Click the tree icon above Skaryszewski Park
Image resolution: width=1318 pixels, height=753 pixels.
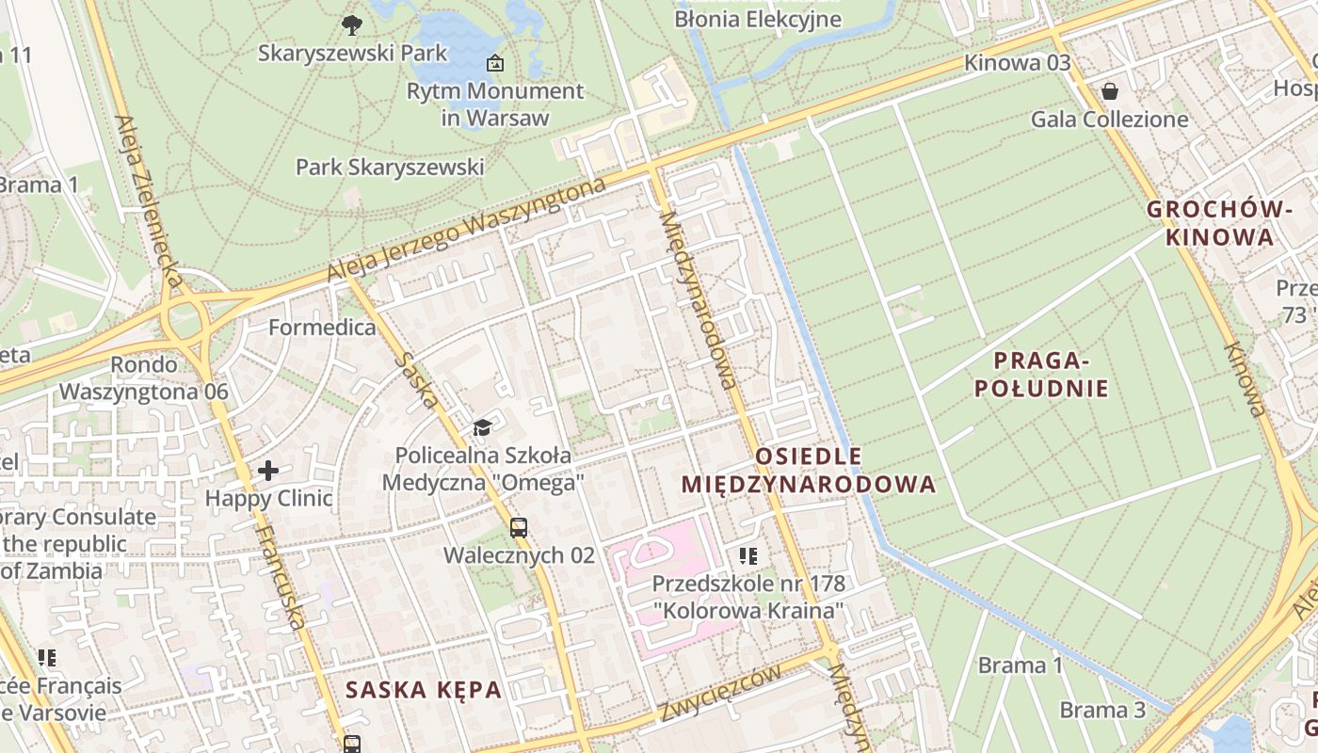[x=352, y=24]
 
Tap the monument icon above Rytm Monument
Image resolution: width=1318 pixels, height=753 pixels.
[x=494, y=64]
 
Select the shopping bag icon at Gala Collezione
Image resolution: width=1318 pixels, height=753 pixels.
[x=1110, y=91]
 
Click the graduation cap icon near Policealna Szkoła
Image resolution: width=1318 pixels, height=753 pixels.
[x=482, y=428]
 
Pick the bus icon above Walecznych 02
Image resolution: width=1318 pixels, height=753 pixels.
[x=519, y=528]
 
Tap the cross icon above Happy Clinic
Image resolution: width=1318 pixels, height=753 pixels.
[x=268, y=471]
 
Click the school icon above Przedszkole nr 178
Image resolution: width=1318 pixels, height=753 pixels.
[x=748, y=556]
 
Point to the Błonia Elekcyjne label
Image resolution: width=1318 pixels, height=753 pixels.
[x=757, y=19]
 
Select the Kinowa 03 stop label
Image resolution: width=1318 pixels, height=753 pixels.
[x=1017, y=63]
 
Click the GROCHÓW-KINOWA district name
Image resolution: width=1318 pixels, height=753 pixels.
[x=1219, y=223]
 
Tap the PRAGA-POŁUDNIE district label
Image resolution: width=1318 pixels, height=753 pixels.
[x=1041, y=374]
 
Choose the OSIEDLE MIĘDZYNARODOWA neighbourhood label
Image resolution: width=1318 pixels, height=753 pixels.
[x=808, y=471]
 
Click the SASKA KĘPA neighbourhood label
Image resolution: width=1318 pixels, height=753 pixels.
[x=423, y=690]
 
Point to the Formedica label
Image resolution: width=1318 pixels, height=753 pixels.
[x=322, y=328]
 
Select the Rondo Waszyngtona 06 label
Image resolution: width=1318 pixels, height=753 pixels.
[x=143, y=377]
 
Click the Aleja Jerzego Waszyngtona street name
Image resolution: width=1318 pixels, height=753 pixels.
[x=466, y=230]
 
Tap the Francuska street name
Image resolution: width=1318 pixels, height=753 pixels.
[x=281, y=576]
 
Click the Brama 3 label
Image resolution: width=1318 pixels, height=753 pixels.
[x=1102, y=710]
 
